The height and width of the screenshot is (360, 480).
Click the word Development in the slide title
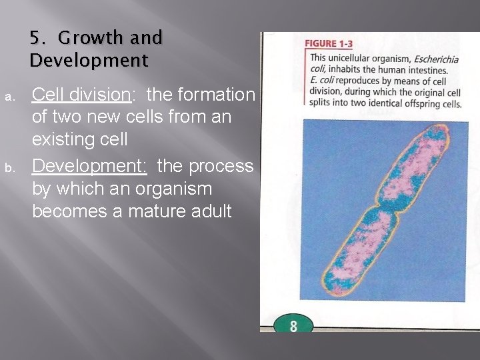point(89,61)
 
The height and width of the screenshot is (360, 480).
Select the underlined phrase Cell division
point(81,95)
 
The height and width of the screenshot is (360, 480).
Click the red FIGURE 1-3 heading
point(329,44)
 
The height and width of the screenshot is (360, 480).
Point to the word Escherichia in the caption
point(435,59)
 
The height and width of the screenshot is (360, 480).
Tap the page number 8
point(293,326)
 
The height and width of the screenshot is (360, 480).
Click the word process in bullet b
point(225,165)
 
